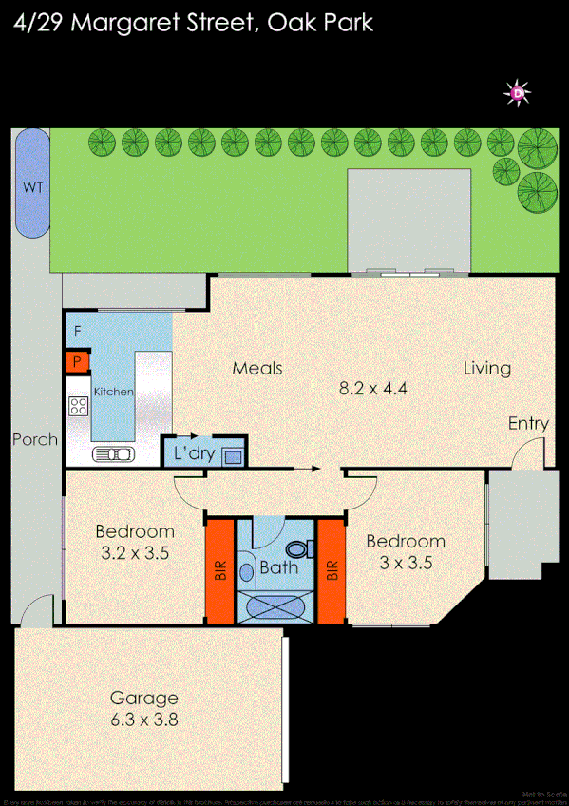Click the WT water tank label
pos(33,187)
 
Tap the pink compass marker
pos(518,93)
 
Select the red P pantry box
pos(77,362)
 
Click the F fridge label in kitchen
pos(77,332)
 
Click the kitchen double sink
pos(112,454)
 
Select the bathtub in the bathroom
pos(276,604)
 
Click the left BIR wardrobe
pos(219,570)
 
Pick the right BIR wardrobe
pos(332,570)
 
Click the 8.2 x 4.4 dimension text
pos(373,388)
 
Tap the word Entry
pos(528,424)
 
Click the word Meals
pos(257,368)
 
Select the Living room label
pos(487,368)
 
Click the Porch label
pos(35,440)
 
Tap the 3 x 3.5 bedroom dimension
pos(406,562)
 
